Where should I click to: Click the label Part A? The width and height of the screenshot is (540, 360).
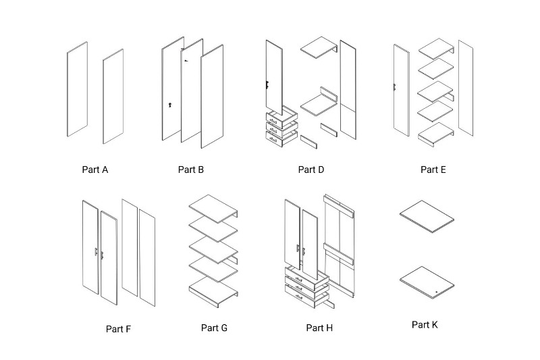pyautogui.click(x=94, y=170)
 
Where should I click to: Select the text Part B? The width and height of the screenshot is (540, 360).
pyautogui.click(x=191, y=170)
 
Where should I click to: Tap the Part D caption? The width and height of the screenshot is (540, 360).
pyautogui.click(x=311, y=170)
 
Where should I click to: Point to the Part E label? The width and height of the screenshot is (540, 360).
pyautogui.click(x=433, y=170)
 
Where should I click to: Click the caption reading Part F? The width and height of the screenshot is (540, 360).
pyautogui.click(x=118, y=329)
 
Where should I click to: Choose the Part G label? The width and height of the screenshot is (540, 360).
pyautogui.click(x=214, y=328)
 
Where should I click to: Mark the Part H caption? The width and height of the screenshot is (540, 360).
pyautogui.click(x=319, y=328)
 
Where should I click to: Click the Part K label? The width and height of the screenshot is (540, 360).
pyautogui.click(x=425, y=325)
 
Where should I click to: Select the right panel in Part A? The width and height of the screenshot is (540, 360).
pyautogui.click(x=113, y=96)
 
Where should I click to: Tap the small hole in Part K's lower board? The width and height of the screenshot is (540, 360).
pyautogui.click(x=437, y=291)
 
